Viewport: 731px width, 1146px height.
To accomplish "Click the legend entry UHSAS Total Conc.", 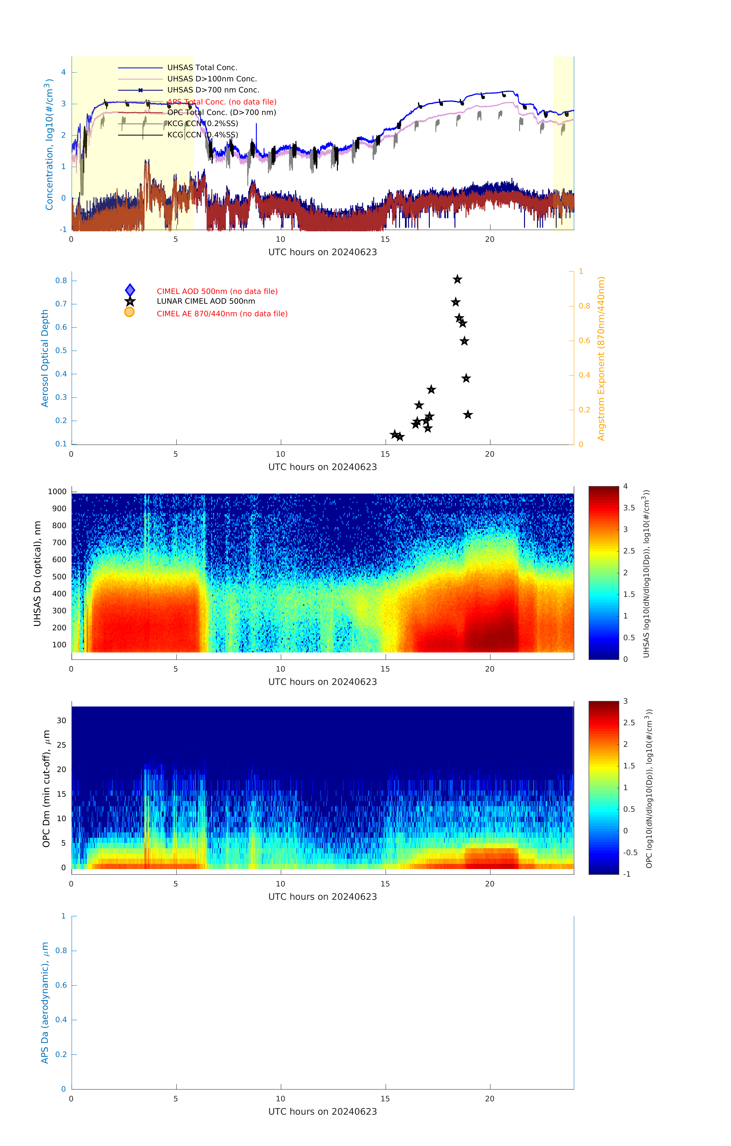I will coord(202,68).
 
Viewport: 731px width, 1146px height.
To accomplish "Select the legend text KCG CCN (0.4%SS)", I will coord(202,135).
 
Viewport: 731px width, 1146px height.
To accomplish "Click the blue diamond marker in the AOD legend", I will coord(130,290).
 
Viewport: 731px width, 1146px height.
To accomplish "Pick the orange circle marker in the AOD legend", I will coord(129,312).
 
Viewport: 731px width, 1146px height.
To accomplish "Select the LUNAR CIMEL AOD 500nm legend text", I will coord(206,301).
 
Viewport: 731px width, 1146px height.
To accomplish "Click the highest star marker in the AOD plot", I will coord(457,279).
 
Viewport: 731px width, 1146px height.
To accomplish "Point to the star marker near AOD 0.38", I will coord(466,378).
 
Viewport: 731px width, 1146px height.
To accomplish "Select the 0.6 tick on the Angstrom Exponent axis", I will coord(584,341).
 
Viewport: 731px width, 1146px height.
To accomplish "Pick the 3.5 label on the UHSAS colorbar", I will coord(629,508).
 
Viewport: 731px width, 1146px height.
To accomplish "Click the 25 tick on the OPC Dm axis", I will coord(61,745).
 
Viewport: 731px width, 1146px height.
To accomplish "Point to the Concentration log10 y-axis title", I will coord(49,144).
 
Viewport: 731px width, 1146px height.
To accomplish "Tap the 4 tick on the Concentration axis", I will coord(63,72).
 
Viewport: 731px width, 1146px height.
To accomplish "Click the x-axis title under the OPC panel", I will coord(322,897).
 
